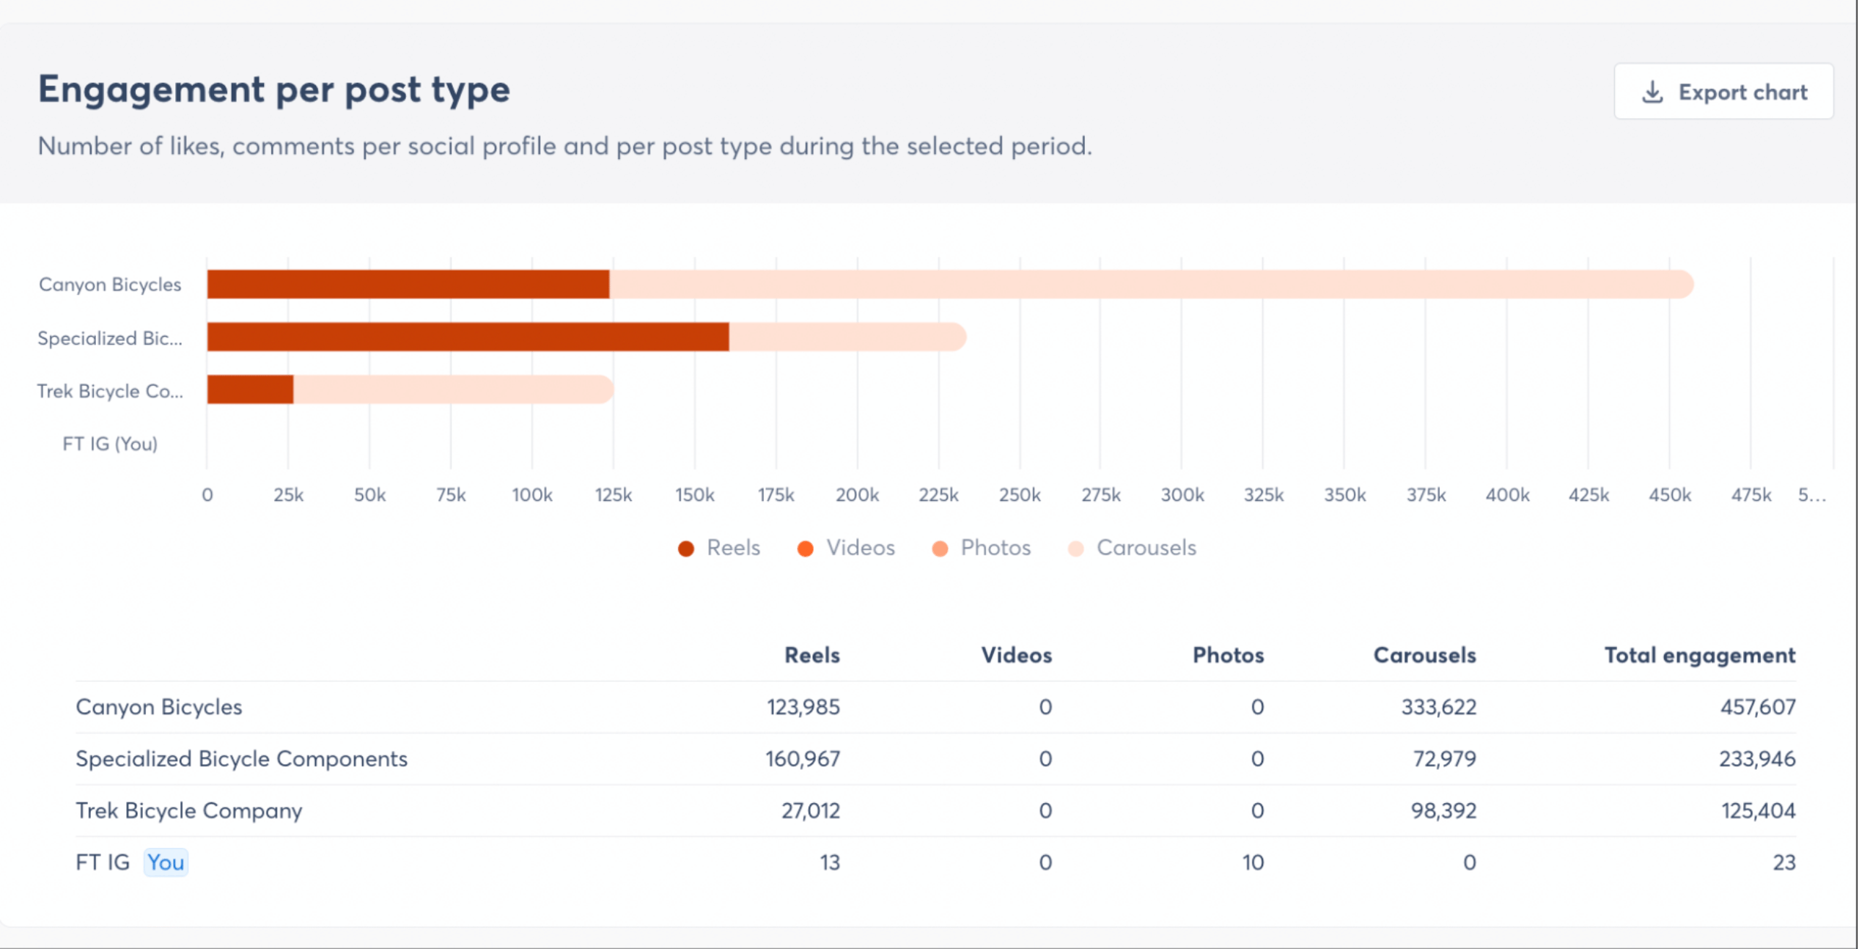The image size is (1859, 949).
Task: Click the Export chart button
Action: (x=1723, y=92)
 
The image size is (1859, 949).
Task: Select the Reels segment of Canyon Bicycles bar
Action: (x=408, y=285)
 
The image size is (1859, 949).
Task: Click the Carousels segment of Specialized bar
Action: (x=847, y=337)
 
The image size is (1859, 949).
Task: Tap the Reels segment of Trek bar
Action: (x=250, y=390)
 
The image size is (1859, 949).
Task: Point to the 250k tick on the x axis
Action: (x=1020, y=495)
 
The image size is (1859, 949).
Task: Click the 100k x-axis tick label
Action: (x=532, y=495)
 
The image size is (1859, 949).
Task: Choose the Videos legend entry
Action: (x=847, y=548)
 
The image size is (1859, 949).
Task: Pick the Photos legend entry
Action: (x=982, y=548)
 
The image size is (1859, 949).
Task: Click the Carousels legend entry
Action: (x=1133, y=548)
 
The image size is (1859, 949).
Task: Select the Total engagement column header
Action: (x=1699, y=655)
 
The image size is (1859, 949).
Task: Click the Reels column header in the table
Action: (x=811, y=655)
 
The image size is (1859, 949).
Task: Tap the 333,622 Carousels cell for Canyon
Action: (x=1438, y=707)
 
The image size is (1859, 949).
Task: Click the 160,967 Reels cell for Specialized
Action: (x=803, y=758)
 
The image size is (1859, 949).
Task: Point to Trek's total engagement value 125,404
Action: (x=1758, y=810)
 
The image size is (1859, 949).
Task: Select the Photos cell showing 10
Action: (x=1252, y=862)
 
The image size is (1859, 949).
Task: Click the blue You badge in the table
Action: (x=166, y=862)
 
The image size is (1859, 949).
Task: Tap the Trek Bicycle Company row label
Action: (x=189, y=810)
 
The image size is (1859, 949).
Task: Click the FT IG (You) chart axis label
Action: (x=110, y=444)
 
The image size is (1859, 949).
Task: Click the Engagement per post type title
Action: (x=274, y=89)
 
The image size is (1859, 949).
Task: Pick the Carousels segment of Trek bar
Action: (x=452, y=390)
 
